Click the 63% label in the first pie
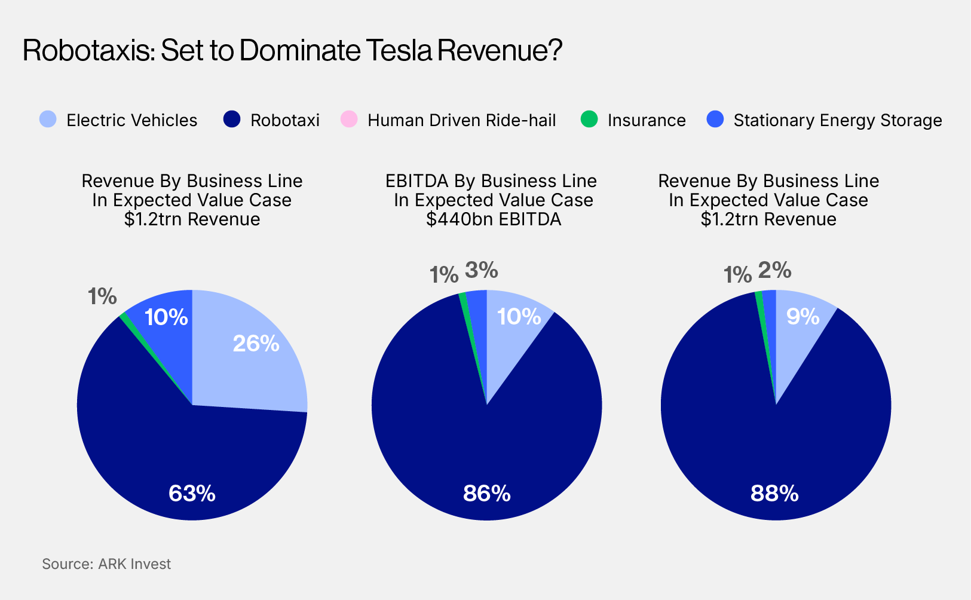tap(192, 494)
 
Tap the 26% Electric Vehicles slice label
tap(256, 344)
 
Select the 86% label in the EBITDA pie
tap(486, 494)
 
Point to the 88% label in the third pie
tap(774, 494)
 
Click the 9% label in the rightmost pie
tap(802, 317)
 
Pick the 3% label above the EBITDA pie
tap(482, 271)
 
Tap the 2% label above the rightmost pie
tap(774, 271)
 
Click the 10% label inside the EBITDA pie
tap(519, 317)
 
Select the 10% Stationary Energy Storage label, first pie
tap(166, 317)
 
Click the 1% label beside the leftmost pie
tap(102, 296)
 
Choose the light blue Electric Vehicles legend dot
tap(48, 120)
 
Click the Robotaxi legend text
tap(285, 120)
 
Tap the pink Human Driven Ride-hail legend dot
tap(349, 120)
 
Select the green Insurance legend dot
tap(589, 120)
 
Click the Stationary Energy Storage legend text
tap(837, 120)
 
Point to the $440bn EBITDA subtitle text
tap(494, 219)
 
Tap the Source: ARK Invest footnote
tap(106, 564)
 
